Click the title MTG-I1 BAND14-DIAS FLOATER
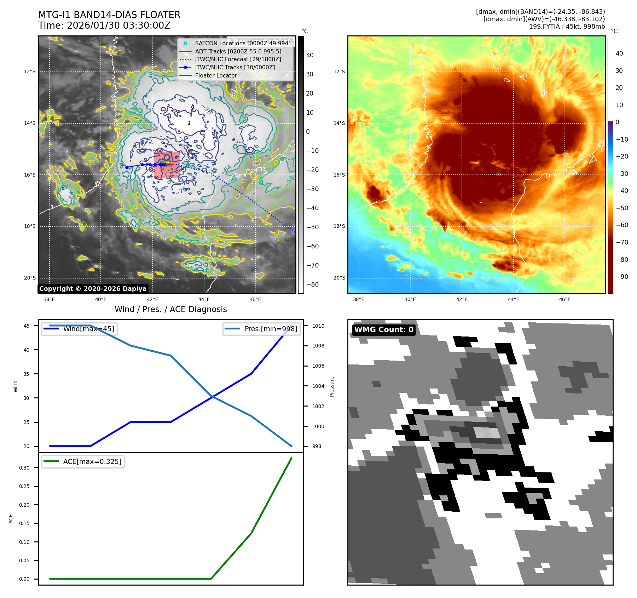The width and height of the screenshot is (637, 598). click(109, 15)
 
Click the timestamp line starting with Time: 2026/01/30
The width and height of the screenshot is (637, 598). click(104, 25)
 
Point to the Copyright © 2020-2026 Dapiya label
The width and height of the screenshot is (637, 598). click(93, 289)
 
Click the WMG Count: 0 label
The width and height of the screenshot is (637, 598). click(384, 330)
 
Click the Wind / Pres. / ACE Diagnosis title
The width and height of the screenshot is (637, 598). click(170, 309)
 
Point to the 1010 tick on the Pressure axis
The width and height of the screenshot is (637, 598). click(318, 326)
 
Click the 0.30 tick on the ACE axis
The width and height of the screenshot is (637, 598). click(24, 468)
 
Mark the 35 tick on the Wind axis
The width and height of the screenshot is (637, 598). click(27, 374)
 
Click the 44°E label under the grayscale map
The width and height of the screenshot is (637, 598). click(204, 300)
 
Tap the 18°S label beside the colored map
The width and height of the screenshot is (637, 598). click(339, 226)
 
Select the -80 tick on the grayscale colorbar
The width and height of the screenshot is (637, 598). click(312, 284)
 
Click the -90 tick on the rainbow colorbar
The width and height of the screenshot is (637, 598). click(622, 277)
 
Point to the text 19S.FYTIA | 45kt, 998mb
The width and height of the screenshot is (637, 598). click(567, 27)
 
